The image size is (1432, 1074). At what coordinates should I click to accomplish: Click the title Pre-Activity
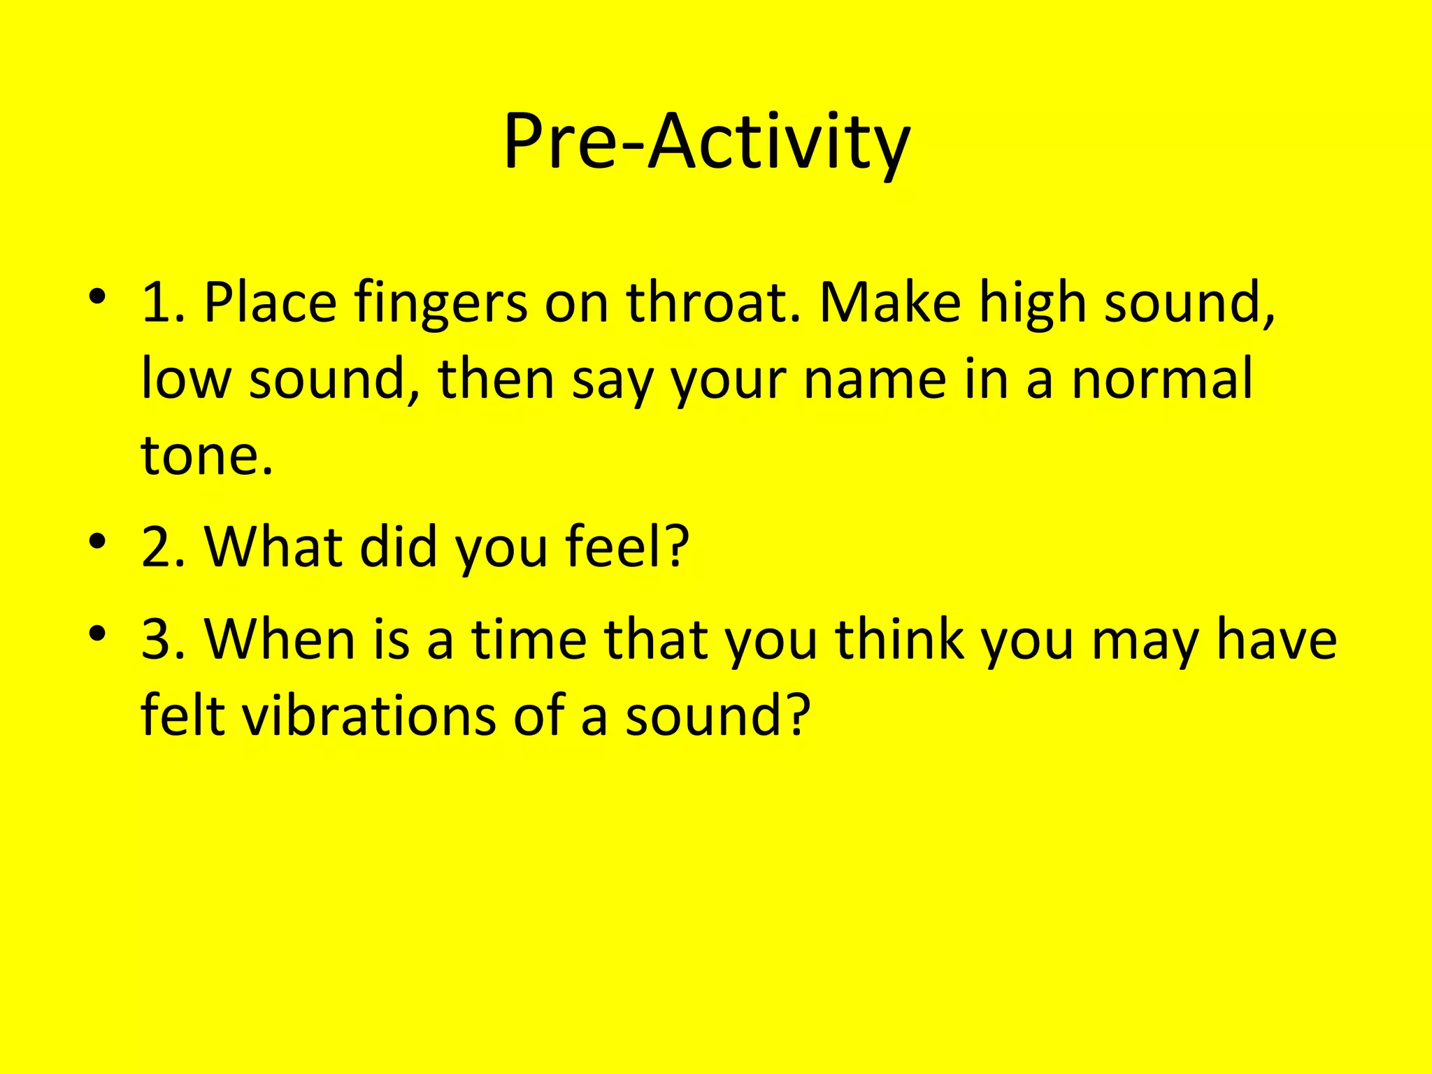(706, 143)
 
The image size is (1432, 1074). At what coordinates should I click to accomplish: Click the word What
(273, 546)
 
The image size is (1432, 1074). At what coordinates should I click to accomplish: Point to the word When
(280, 639)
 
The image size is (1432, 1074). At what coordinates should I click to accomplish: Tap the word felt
(182, 716)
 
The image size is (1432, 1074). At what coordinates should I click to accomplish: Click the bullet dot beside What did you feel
(97, 541)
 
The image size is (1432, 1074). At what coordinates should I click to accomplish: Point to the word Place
(270, 303)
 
